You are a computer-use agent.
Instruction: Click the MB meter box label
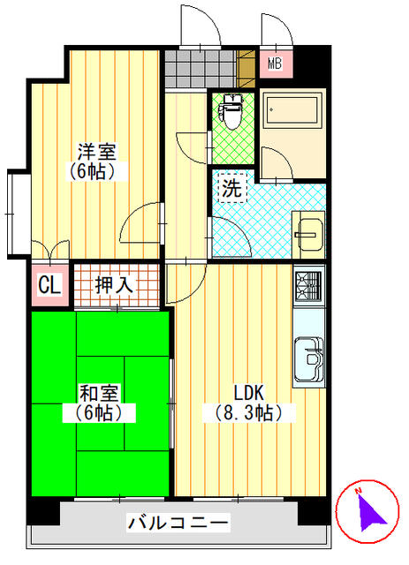275,64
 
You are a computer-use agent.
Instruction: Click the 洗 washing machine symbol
231,187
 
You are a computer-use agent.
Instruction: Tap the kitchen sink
308,357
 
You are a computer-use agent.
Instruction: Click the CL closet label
49,286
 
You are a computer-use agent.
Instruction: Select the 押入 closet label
115,285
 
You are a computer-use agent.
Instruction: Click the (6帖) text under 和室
98,411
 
